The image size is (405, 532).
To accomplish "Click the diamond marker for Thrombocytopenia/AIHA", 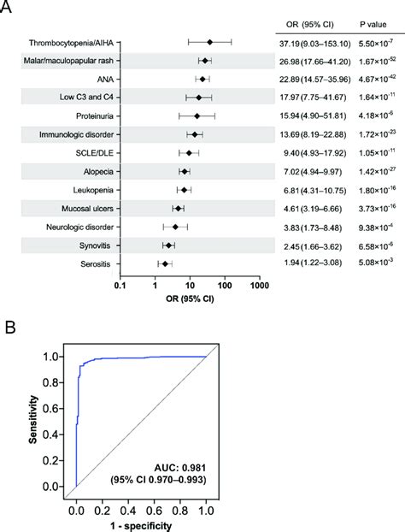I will tap(209, 41).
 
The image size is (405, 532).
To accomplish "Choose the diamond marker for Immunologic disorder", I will tap(194, 134).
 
